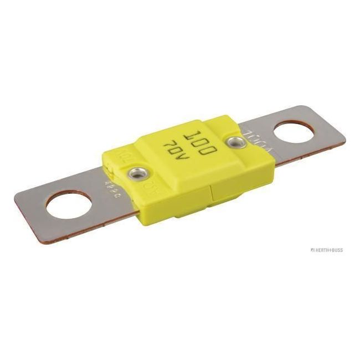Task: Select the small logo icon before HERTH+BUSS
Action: pos(312,250)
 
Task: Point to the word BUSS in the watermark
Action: pos(336,250)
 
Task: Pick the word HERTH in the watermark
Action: pos(322,250)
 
